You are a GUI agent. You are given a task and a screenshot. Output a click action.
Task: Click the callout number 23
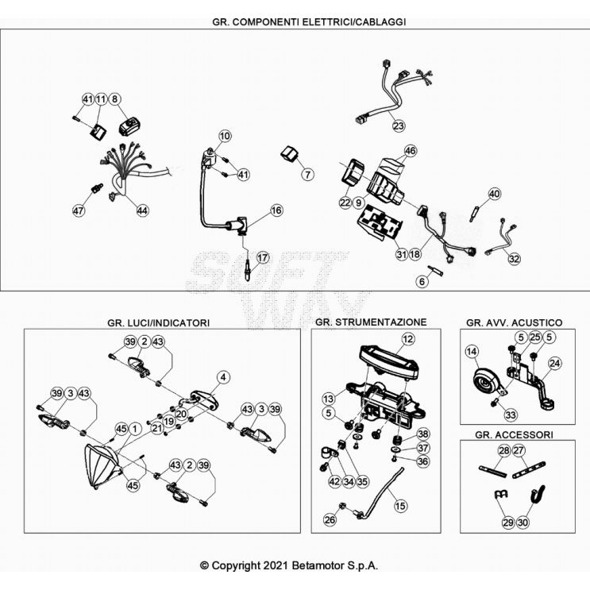coord(399,125)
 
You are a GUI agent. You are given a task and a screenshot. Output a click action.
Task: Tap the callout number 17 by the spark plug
coord(263,258)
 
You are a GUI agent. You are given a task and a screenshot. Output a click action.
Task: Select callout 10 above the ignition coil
coord(225,136)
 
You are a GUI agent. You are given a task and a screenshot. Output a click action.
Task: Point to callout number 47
coord(79,210)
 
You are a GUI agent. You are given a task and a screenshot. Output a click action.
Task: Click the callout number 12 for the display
coord(408,339)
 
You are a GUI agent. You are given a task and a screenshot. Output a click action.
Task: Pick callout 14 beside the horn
coord(472,352)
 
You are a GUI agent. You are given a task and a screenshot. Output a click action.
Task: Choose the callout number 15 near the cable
coord(400,506)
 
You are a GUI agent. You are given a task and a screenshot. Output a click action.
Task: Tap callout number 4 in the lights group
coord(223,377)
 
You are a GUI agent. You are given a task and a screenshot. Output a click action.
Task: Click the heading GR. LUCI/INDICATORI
coord(158,323)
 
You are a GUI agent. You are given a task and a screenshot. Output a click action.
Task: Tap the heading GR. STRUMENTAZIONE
coord(371,322)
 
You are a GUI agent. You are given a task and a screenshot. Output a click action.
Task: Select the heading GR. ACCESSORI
coord(514,434)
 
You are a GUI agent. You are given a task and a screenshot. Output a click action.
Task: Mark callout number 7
coord(308,175)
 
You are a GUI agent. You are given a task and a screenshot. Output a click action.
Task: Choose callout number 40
coord(495,195)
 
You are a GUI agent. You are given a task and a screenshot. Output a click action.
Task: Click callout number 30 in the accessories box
coord(523,523)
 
